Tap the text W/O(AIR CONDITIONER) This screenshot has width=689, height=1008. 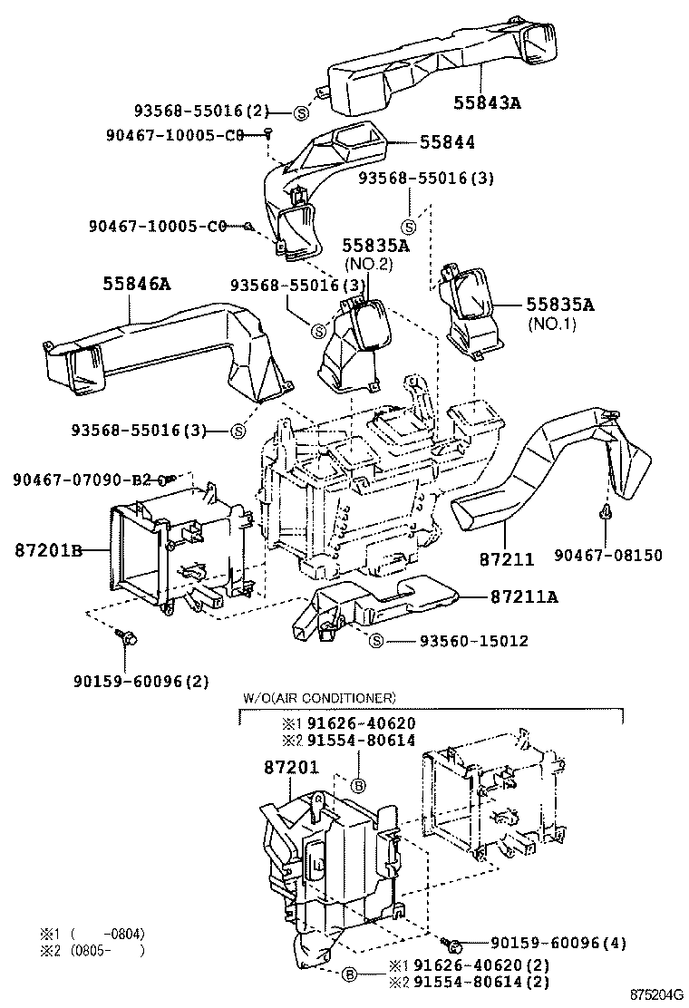point(317,698)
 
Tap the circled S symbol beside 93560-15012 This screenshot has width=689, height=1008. point(378,642)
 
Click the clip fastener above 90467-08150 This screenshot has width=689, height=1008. point(603,515)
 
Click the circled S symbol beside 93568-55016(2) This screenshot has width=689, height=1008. point(302,112)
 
